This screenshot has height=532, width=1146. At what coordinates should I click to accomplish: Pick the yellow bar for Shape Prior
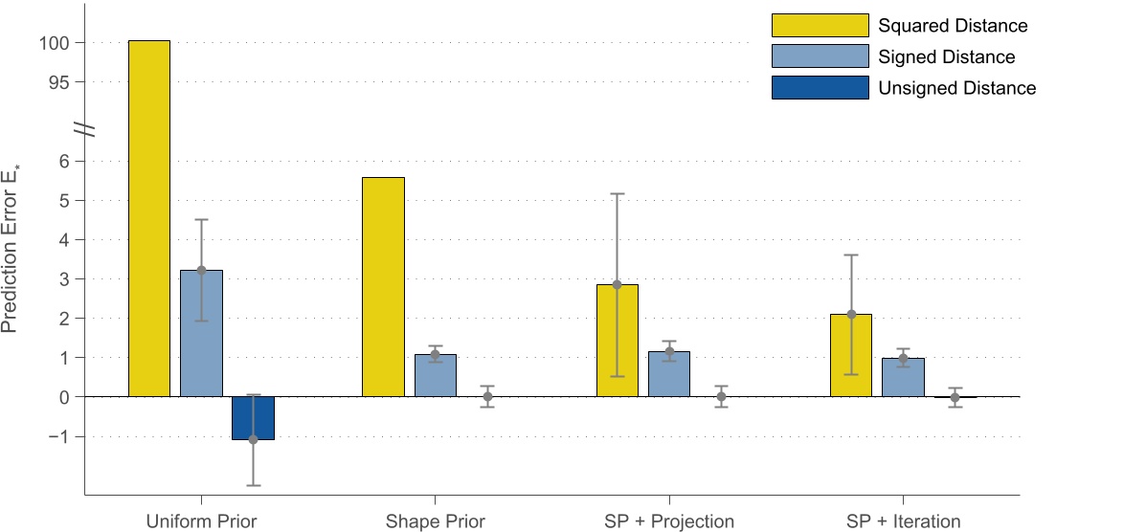383,287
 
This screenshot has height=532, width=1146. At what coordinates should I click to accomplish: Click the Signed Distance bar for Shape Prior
435,375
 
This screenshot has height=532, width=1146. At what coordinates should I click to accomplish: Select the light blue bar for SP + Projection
669,374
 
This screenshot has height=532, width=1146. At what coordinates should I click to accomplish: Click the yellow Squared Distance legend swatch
820,26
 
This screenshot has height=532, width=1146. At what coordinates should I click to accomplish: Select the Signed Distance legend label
946,57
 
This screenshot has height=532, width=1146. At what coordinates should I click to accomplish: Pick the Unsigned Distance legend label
956,88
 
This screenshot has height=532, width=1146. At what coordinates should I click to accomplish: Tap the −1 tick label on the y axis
54,436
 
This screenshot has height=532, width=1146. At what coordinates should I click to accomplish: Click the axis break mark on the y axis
85,127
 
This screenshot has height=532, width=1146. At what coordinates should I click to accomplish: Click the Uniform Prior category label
201,521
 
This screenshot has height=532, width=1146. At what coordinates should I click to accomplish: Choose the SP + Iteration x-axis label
903,521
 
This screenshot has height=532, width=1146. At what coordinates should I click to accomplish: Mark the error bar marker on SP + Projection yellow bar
617,284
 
